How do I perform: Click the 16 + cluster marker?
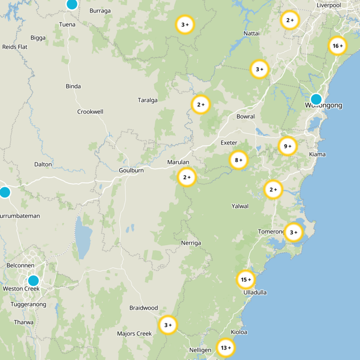337,46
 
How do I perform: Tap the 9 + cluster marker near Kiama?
288,146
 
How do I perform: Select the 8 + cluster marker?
238,160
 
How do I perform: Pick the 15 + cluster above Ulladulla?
246,280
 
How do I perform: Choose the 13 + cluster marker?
225,347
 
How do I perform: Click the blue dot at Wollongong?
316,99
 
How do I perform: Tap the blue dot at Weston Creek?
33,280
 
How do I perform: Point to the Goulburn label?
131,171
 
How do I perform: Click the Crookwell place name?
90,112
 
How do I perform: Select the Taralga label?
148,100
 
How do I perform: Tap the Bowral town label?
245,117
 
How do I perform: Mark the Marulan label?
178,162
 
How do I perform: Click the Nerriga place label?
191,243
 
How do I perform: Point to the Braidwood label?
144,308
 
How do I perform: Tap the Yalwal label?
240,206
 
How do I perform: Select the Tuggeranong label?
28,305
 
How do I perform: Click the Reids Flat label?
15,47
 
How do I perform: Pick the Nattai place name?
251,34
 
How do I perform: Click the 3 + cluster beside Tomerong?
294,233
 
